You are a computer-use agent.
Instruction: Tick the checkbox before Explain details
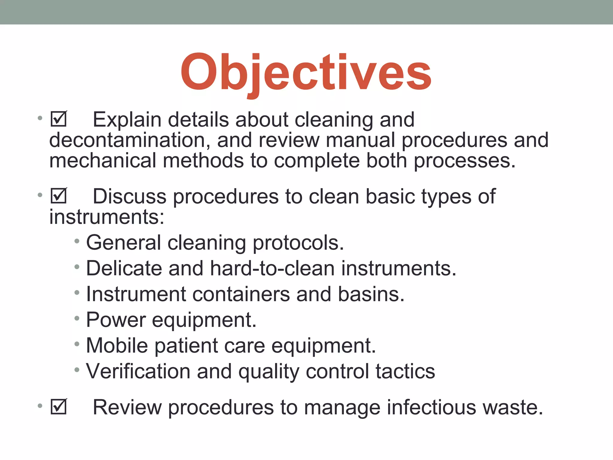pos(59,119)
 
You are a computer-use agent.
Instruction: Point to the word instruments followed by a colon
pos(107,217)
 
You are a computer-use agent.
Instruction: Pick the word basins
pos(371,294)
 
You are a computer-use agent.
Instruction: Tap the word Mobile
pos(117,346)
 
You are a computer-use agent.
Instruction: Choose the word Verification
pos(138,371)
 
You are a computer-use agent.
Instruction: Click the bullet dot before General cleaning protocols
pos(77,241)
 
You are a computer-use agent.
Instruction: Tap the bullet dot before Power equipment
pos(77,318)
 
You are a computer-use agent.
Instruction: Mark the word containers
pos(241,294)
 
